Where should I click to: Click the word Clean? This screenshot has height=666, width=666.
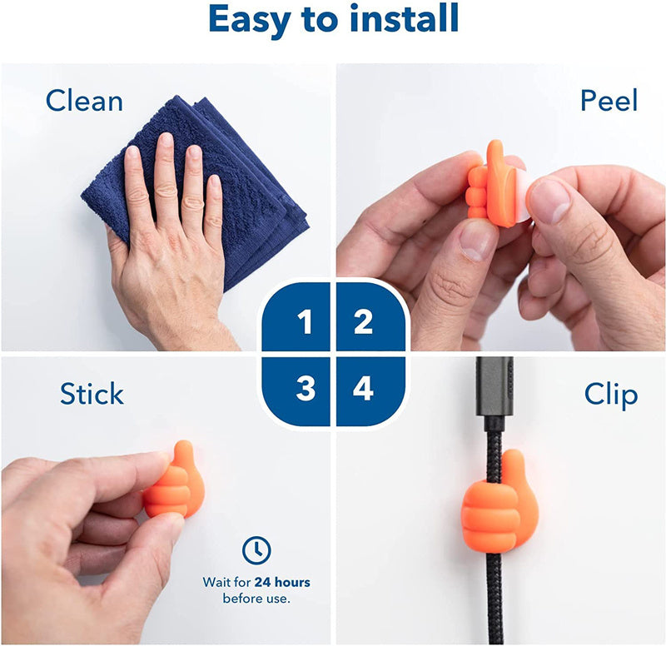[84, 101]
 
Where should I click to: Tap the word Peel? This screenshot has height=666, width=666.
[609, 100]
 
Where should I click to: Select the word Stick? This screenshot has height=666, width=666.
[92, 393]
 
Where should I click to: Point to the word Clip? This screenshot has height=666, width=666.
[611, 395]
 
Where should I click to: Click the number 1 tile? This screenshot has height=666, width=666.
[296, 316]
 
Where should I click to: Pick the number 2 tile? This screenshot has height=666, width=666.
[370, 316]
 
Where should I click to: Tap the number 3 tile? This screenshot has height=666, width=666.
[296, 391]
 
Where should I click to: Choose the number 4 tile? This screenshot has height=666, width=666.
[370, 391]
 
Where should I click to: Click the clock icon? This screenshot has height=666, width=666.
[256, 550]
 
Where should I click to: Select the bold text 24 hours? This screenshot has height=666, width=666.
[282, 582]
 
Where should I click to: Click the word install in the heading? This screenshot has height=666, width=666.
[404, 18]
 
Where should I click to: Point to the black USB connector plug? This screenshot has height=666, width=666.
[495, 387]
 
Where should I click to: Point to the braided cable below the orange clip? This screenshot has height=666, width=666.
[495, 598]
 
